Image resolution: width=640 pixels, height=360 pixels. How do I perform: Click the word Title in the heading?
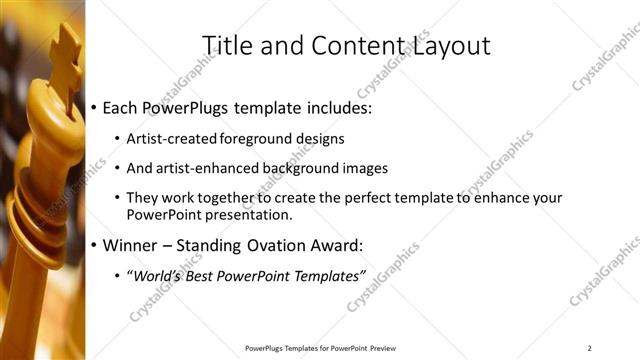click(227, 45)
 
